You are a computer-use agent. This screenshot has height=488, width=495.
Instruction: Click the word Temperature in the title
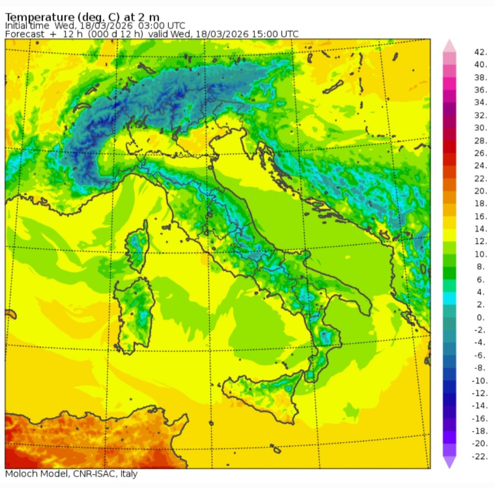coord(39,17)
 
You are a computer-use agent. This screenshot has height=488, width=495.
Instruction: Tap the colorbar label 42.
coord(480,52)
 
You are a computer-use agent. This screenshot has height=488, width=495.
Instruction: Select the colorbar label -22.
coord(480,457)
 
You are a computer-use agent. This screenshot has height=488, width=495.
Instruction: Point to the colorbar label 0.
coord(481,318)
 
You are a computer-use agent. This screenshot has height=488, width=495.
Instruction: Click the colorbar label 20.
coord(480,191)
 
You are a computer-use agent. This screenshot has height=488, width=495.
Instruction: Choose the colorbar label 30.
coord(480,128)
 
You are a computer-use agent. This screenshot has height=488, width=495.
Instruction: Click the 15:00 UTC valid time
coord(275,34)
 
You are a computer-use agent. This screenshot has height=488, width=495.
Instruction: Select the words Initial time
coord(27,26)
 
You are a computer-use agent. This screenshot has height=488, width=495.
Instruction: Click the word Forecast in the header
coord(25,34)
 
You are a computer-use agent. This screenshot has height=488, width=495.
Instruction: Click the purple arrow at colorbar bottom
coord(449,462)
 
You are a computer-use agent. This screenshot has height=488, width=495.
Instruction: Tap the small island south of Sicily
coord(276,449)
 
